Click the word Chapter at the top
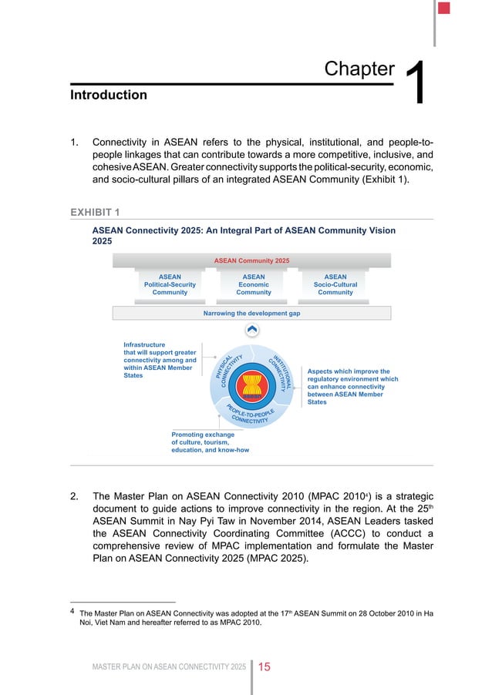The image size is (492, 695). tap(359, 69)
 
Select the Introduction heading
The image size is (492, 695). tap(108, 95)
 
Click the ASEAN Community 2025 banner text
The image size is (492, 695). tap(252, 260)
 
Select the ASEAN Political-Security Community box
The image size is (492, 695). tap(170, 284)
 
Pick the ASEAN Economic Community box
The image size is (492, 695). tap(253, 284)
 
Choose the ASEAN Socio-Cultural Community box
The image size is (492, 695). tap(335, 284)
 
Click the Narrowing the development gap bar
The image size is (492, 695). tap(251, 313)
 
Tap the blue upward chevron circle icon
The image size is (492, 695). tap(251, 331)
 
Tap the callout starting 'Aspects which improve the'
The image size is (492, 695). tap(352, 386)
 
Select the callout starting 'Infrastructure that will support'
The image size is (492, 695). tap(160, 360)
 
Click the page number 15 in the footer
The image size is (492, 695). tap(264, 666)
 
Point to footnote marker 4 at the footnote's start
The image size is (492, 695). tap(72, 613)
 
